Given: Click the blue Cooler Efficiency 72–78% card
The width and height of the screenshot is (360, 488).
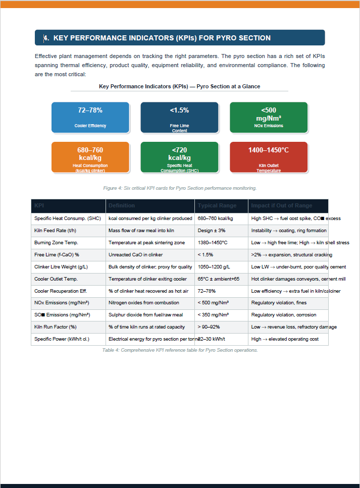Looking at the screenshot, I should coord(90,117).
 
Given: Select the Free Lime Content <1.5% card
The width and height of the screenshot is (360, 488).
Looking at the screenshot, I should coord(179,117).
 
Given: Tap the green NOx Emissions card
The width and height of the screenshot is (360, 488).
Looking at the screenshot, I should coord(269,117).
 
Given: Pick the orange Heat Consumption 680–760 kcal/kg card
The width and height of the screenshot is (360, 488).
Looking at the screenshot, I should coord(90,157).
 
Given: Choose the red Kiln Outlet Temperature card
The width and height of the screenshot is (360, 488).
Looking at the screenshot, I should coord(269,157).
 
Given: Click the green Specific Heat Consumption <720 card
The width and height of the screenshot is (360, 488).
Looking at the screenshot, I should coord(179,157).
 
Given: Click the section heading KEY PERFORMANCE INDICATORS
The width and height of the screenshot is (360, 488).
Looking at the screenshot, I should coord(162,38).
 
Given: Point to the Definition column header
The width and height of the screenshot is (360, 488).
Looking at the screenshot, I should coord(122,205).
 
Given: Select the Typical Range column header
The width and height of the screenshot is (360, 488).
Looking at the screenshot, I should coord(217,205).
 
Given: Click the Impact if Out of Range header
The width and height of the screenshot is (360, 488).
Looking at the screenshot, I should coord(282,205).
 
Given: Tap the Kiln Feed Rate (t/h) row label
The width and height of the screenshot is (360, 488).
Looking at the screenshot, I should coord(55,231).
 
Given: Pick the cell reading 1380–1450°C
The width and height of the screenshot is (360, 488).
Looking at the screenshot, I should coord(213,243).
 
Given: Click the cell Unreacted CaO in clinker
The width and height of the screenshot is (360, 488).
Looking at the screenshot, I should coord(135,255).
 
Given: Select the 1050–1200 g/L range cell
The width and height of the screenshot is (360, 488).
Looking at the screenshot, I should coord(214,267).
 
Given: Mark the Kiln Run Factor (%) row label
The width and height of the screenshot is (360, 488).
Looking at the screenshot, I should coord(55,327).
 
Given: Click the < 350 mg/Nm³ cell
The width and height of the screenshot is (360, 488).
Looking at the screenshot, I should coord(213,315).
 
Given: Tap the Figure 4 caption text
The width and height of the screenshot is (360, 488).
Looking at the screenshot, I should coord(180,188).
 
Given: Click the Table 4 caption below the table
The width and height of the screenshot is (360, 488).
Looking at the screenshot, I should coord(180,350).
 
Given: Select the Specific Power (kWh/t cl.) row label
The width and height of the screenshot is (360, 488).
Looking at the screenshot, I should coord(62,339).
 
